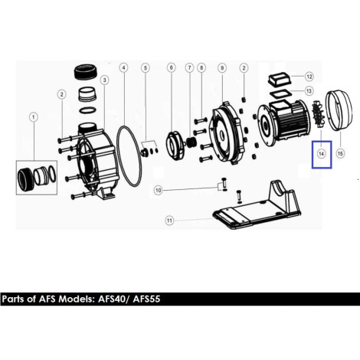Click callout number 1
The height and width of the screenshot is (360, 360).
pos(33,117)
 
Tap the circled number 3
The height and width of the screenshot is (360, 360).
pos(104,80)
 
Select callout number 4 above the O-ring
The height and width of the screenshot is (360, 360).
pos(123,68)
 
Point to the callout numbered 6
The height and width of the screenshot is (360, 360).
pos(172,68)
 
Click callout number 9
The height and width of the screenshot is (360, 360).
pos(222,68)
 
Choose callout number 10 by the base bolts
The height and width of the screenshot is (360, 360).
pos(159,191)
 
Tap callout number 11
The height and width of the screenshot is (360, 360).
pos(169,221)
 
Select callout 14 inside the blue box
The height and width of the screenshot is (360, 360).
pos(321,154)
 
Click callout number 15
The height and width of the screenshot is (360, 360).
pos(340,154)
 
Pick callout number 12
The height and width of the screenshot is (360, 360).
pos(309,77)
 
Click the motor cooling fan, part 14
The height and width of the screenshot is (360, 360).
pos(319,115)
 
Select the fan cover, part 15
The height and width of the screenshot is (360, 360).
pos(339,111)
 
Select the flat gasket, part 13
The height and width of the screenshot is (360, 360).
pos(280,93)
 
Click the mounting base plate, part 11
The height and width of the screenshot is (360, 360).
pos(257,205)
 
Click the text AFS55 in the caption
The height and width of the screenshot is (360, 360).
pos(146,299)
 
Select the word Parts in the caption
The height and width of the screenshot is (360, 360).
pos(13,299)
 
